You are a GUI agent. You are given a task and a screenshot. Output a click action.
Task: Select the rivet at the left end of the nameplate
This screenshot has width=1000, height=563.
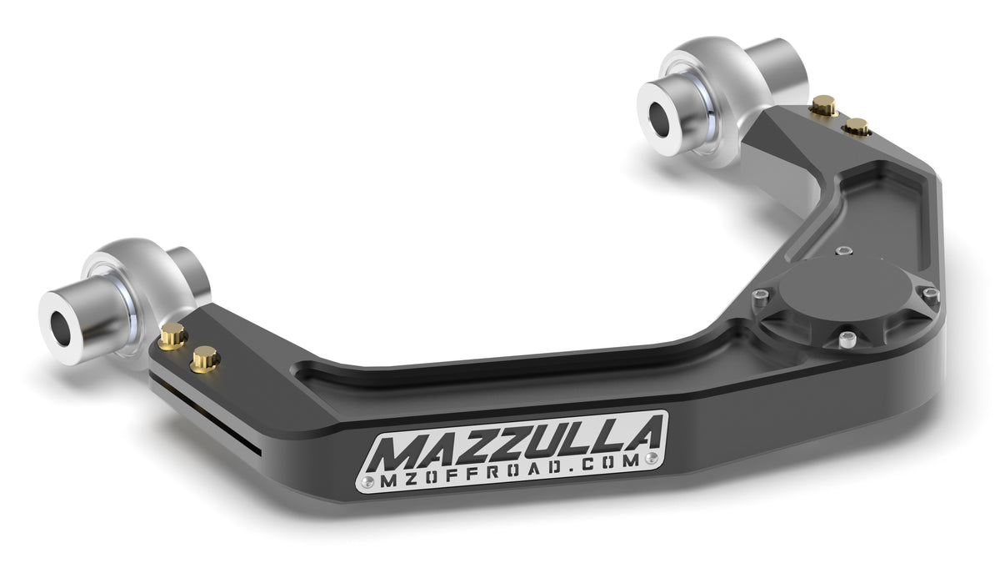(369, 481)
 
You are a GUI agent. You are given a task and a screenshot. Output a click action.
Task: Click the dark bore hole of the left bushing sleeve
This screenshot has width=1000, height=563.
(60, 329)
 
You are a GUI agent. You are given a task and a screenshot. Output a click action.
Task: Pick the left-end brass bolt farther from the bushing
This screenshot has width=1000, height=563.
(204, 359)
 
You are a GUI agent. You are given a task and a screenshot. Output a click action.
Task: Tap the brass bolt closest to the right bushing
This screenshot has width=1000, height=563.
(823, 105)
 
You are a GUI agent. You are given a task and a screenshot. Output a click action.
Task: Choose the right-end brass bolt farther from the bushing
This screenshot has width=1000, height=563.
(856, 127)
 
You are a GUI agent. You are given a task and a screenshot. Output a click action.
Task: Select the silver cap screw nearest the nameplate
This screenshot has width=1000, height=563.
(847, 339)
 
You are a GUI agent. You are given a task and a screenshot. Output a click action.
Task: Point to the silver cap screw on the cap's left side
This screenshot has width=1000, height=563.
(759, 297)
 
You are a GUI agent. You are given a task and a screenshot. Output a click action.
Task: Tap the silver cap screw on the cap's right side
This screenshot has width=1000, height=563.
(929, 293)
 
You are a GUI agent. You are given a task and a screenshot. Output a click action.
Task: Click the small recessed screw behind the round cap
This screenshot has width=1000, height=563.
(845, 249)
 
